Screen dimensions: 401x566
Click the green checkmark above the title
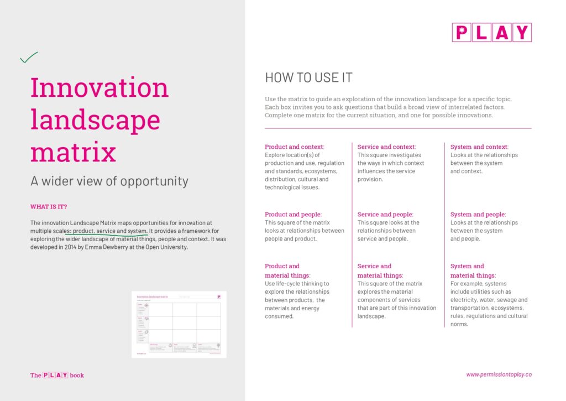(29, 57)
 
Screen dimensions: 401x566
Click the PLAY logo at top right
(491, 33)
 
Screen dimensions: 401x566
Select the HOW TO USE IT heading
(308, 77)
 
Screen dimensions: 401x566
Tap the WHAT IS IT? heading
(49, 207)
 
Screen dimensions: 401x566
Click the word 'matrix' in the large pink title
(73, 151)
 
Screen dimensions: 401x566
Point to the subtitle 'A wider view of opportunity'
(109, 181)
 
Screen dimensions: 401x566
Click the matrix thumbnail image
(179, 324)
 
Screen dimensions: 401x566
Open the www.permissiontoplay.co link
(499, 374)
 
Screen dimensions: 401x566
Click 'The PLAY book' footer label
(57, 375)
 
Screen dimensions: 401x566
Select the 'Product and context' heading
(295, 147)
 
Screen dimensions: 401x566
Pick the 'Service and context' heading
(386, 147)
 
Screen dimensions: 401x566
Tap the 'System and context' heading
(479, 147)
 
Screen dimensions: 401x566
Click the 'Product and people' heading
(293, 215)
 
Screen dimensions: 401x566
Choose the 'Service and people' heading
(385, 215)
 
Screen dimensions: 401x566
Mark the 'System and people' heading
(478, 215)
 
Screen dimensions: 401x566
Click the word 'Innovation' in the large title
(99, 88)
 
